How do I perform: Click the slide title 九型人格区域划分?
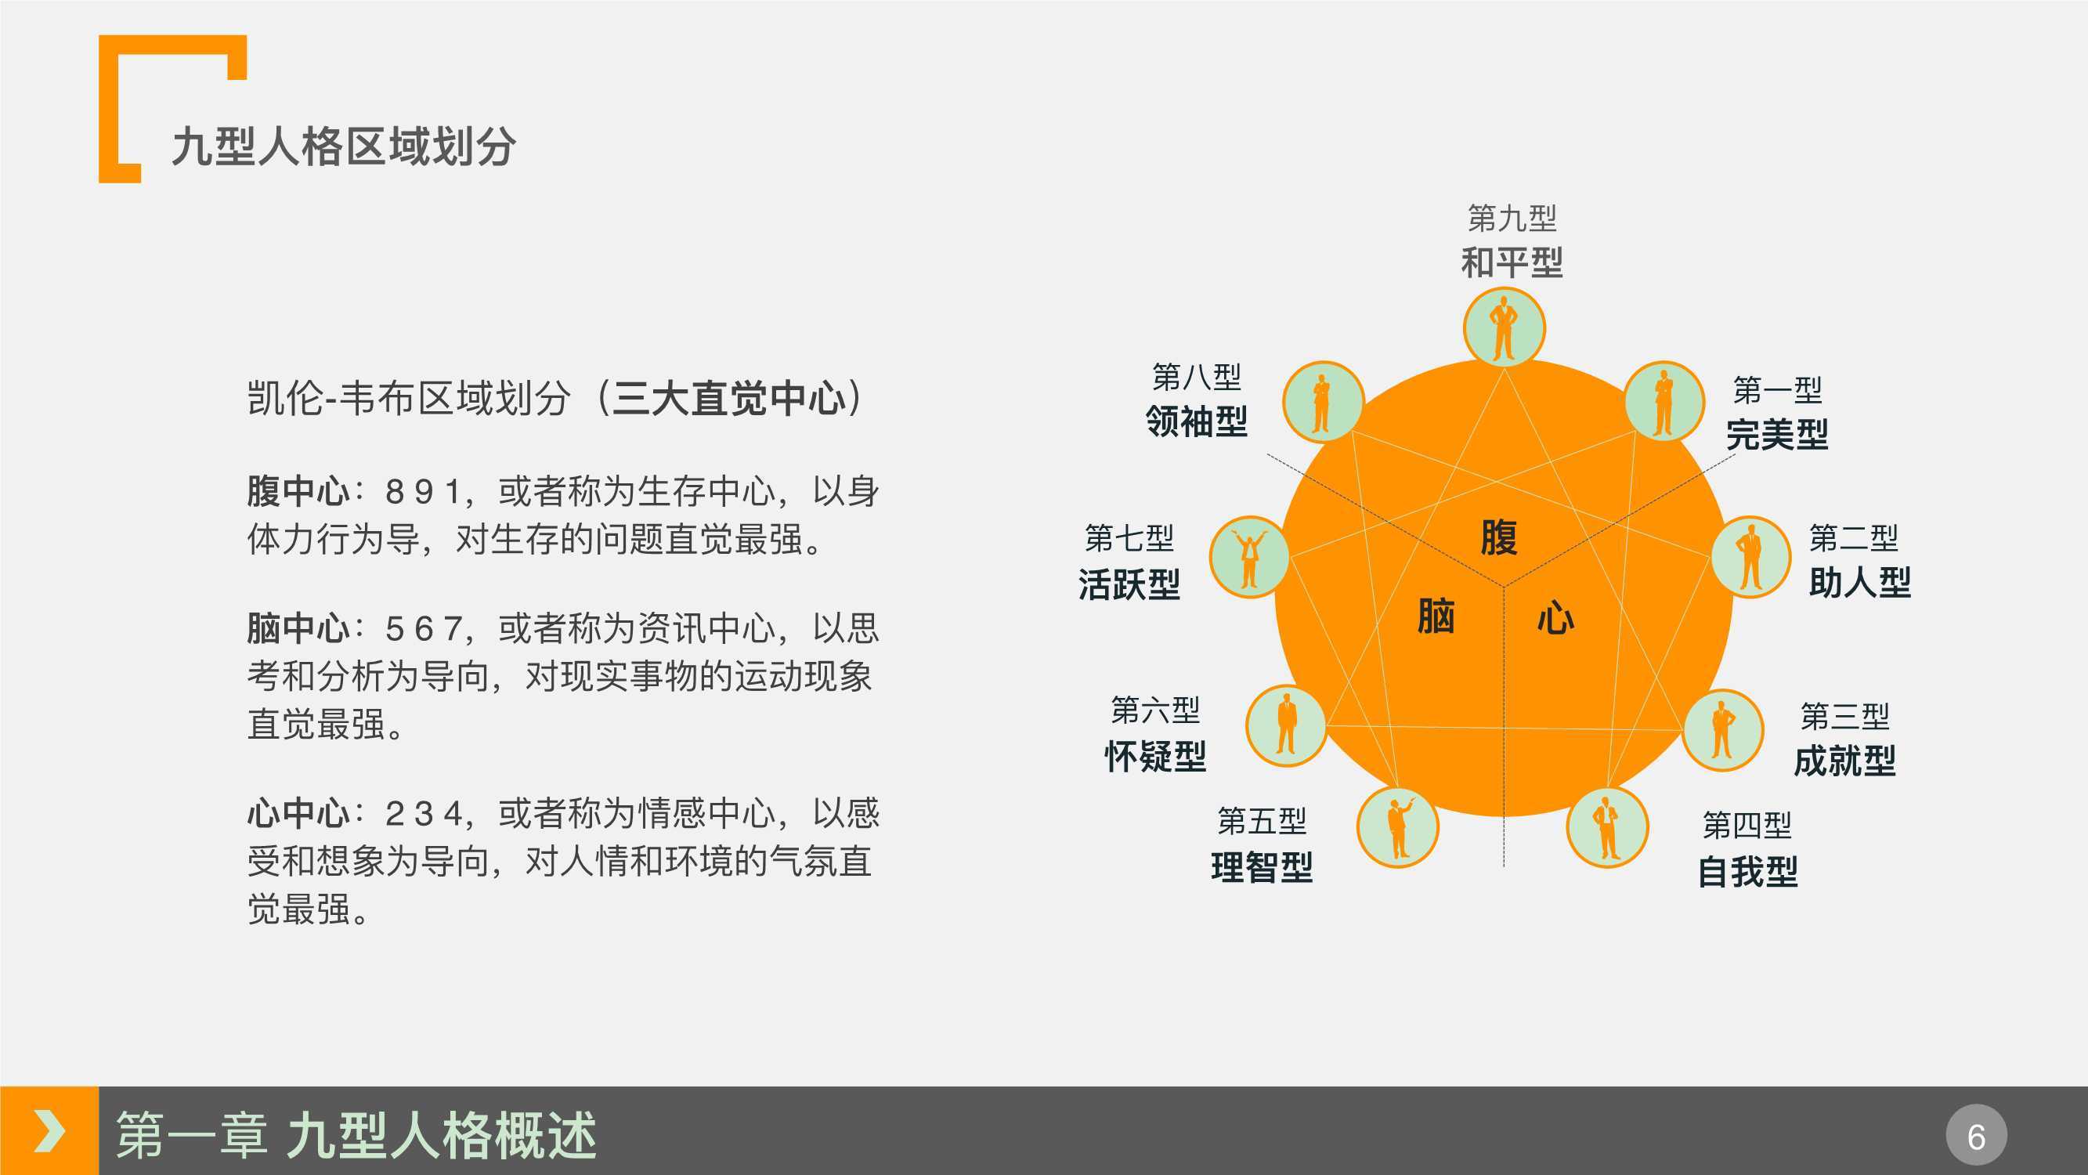(x=344, y=146)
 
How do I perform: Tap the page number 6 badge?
(x=1976, y=1135)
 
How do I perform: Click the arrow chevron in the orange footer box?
(x=49, y=1131)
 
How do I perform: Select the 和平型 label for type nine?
(x=1512, y=262)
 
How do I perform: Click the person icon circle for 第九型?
(x=1505, y=327)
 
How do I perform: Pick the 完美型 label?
(x=1777, y=434)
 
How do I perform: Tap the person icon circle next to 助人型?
(x=1750, y=557)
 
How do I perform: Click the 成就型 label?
(x=1845, y=761)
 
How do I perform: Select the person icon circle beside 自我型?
(x=1607, y=827)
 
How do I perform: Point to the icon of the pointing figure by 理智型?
(x=1398, y=827)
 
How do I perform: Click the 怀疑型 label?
(x=1155, y=756)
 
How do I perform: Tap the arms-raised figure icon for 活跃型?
(x=1250, y=557)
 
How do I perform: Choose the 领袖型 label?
(x=1197, y=421)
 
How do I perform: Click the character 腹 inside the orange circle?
(x=1499, y=537)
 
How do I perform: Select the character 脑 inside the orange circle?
(x=1436, y=616)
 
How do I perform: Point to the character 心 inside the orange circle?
(x=1556, y=617)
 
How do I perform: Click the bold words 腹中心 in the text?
(x=298, y=491)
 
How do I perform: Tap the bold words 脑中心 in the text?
(x=298, y=628)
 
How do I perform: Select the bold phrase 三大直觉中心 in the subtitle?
(x=728, y=398)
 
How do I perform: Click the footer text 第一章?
(x=191, y=1135)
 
